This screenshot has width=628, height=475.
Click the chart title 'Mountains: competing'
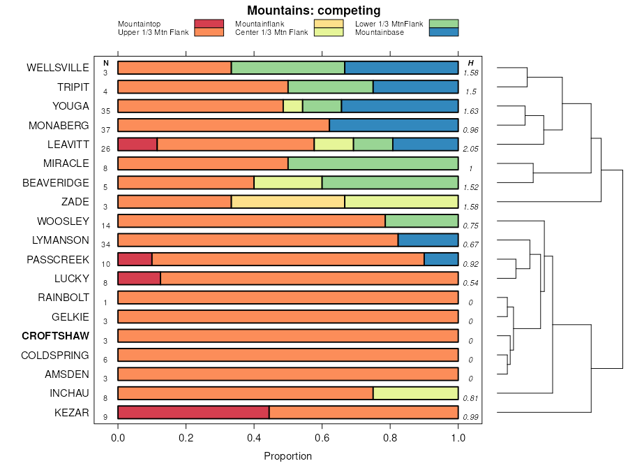pyautogui.click(x=313, y=10)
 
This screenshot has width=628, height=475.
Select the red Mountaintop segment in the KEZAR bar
pyautogui.click(x=193, y=412)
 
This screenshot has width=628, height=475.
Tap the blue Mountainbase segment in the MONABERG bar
pyautogui.click(x=394, y=126)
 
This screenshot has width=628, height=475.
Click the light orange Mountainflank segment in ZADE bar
pyautogui.click(x=287, y=202)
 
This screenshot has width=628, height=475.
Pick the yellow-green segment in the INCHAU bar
pyautogui.click(x=415, y=393)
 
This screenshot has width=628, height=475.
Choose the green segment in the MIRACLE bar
pyautogui.click(x=373, y=163)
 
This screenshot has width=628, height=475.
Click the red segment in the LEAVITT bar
pyautogui.click(x=137, y=145)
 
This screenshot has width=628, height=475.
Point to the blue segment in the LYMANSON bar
pyautogui.click(x=428, y=240)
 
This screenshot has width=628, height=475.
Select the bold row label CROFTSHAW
pyautogui.click(x=55, y=336)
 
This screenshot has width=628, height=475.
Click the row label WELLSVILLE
pyautogui.click(x=58, y=68)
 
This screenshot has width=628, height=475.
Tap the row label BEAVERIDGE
pyautogui.click(x=55, y=183)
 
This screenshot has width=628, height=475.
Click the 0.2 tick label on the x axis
pyautogui.click(x=186, y=438)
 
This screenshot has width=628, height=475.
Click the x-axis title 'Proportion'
pyautogui.click(x=287, y=456)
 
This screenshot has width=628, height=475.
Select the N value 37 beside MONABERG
pyautogui.click(x=106, y=130)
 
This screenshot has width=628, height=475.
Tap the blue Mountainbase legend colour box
pyautogui.click(x=444, y=32)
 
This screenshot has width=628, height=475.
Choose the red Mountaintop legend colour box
pyautogui.click(x=209, y=24)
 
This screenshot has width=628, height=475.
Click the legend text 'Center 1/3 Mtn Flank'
pyautogui.click(x=271, y=32)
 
